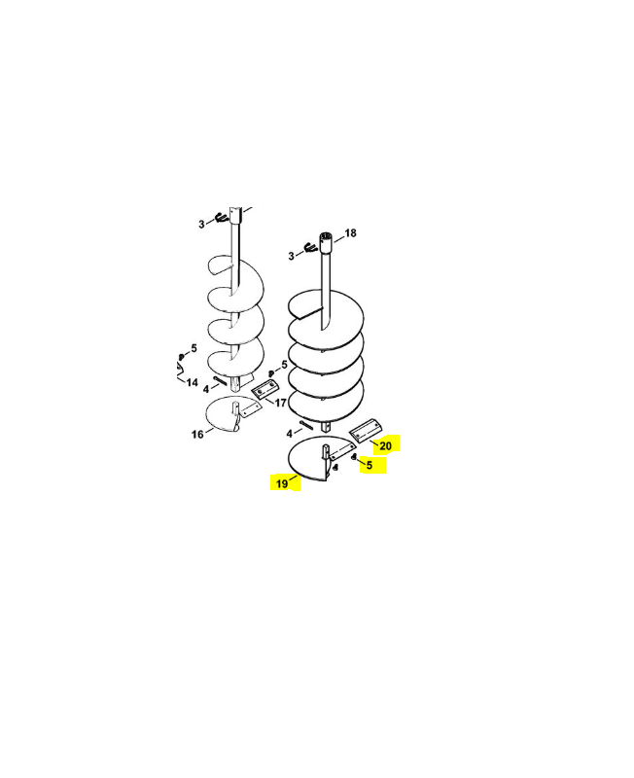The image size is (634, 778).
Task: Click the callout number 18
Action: coord(350,232)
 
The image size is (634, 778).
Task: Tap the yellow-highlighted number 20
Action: coord(385,446)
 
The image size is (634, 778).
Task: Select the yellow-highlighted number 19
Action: coord(282,483)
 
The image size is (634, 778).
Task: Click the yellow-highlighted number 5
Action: coord(370,465)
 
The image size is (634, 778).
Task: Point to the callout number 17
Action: coord(281,403)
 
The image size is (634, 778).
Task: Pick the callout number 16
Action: coord(197,434)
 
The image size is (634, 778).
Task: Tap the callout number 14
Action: coord(192,382)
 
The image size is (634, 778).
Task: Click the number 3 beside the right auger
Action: coord(291,256)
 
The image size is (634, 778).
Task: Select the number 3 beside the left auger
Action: coord(201,225)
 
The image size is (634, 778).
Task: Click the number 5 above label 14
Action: coord(194,348)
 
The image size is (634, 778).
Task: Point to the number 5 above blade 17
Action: coord(284,365)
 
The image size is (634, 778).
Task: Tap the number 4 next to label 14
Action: coord(206,390)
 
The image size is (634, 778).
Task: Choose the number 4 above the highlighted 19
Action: coord(290,434)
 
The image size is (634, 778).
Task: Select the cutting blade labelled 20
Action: coord(368,430)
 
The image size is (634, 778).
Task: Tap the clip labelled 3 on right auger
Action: coord(311,247)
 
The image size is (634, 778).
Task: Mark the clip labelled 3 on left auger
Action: coord(221,217)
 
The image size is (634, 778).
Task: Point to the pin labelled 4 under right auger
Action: coord(305,425)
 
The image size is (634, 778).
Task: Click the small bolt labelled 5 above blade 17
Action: coord(271,373)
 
